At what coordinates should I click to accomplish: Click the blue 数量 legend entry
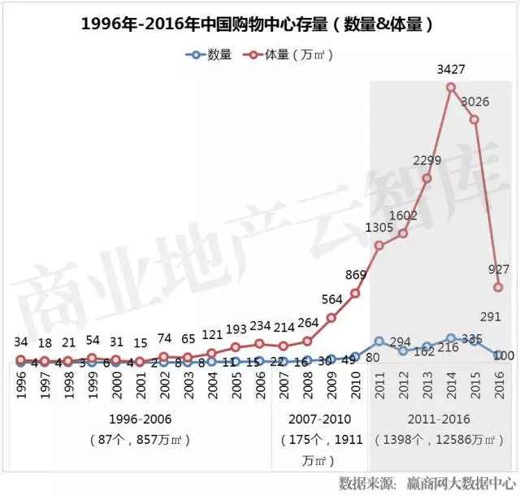coord(210,55)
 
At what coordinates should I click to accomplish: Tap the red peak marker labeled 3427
coord(451,87)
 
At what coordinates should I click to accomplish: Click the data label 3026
coord(474,102)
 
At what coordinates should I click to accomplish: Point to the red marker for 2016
coord(499,287)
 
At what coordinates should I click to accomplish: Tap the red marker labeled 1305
coord(379,246)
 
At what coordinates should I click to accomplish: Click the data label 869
coord(354,275)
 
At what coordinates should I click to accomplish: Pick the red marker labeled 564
coord(331,318)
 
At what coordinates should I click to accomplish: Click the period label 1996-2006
coord(140,420)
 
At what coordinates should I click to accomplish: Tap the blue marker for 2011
coord(379,342)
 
